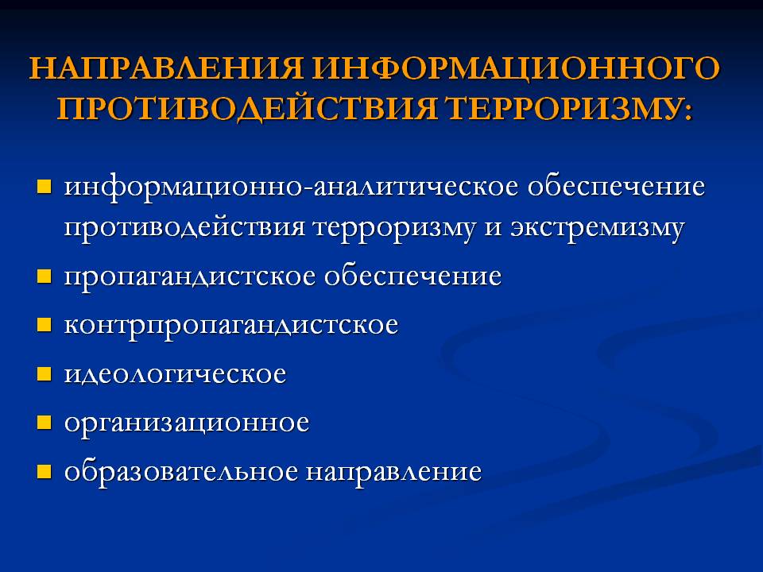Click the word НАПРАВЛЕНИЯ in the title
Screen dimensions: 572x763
pyautogui.click(x=166, y=69)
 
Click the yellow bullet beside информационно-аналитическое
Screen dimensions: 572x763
pyautogui.click(x=44, y=189)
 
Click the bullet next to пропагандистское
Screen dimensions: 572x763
pyautogui.click(x=44, y=277)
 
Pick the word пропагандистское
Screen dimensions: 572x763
pyautogui.click(x=191, y=277)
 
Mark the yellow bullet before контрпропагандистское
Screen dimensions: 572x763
pyautogui.click(x=44, y=326)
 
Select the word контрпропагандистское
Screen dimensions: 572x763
pyautogui.click(x=231, y=326)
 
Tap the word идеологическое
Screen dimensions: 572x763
pyautogui.click(x=175, y=374)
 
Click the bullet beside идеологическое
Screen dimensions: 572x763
pyautogui.click(x=44, y=374)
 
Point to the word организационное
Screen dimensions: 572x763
pyautogui.click(x=187, y=423)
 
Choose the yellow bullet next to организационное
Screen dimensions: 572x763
pyautogui.click(x=44, y=423)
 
